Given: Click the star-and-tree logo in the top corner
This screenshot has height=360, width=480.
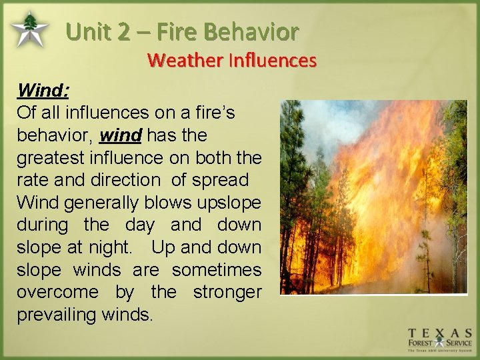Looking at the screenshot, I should (x=29, y=29).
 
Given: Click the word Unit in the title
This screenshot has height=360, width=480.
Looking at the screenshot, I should (x=90, y=31).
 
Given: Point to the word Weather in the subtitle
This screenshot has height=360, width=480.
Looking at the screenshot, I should (x=185, y=61).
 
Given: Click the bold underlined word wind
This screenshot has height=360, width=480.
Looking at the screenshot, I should (x=120, y=135).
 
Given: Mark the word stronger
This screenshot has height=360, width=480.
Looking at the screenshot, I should (x=227, y=293).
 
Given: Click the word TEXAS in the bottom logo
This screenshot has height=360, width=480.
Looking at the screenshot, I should (x=440, y=333).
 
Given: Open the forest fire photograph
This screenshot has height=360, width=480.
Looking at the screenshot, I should (x=373, y=197).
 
